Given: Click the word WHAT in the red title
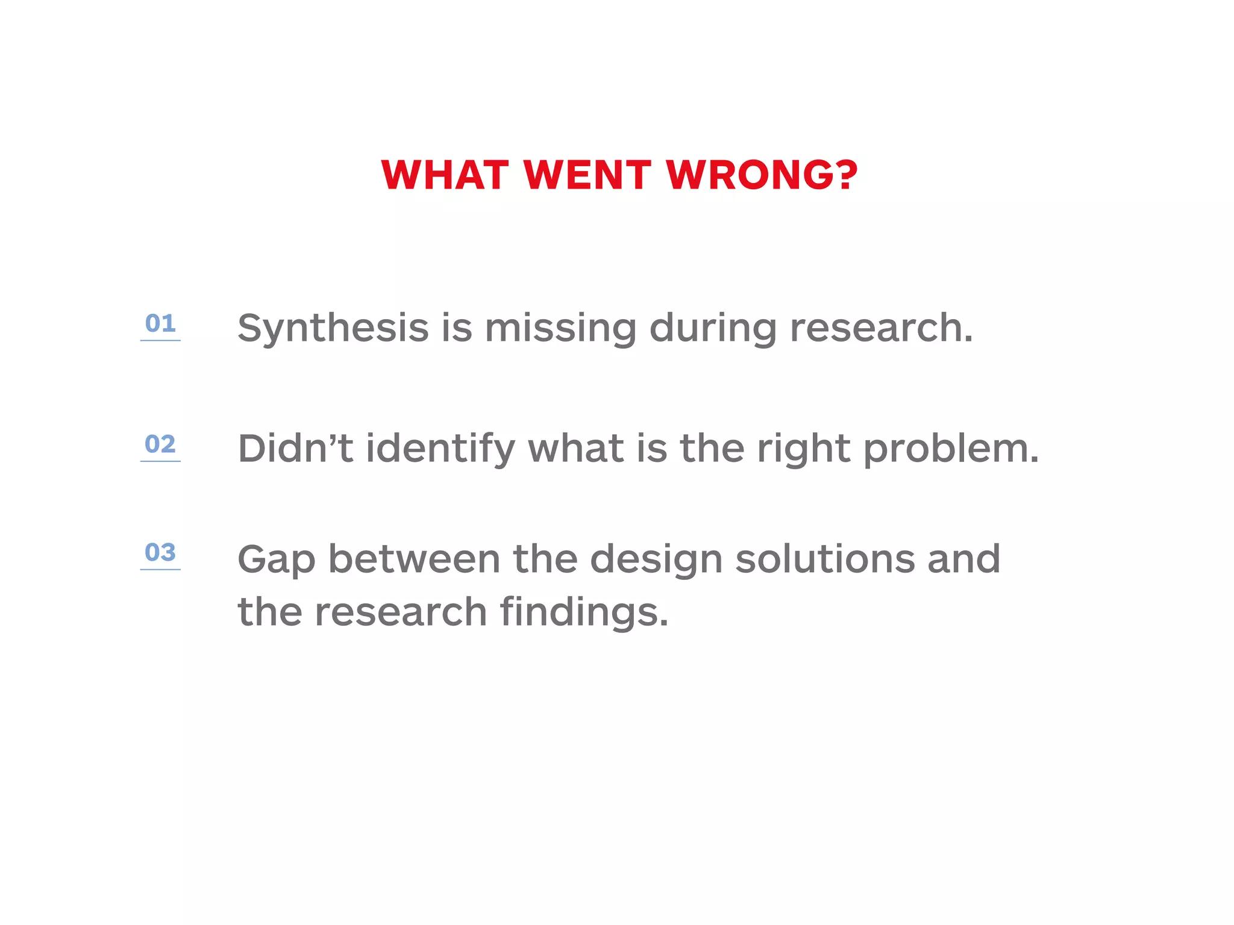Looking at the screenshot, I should click(x=445, y=175).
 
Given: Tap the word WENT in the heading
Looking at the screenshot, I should click(x=587, y=175).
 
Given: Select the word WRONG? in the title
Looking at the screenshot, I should click(x=762, y=175).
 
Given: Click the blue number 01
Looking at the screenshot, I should click(x=160, y=324).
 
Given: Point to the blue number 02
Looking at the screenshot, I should click(x=160, y=444).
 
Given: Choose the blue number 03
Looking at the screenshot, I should click(x=160, y=552).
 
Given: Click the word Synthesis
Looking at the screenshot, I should click(x=333, y=329).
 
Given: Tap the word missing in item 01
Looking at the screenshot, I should click(x=560, y=329).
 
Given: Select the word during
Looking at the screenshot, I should click(x=713, y=329).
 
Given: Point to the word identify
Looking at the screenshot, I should click(x=440, y=450).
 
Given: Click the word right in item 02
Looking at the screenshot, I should click(x=803, y=450).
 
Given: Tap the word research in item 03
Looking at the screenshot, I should click(x=401, y=612).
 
